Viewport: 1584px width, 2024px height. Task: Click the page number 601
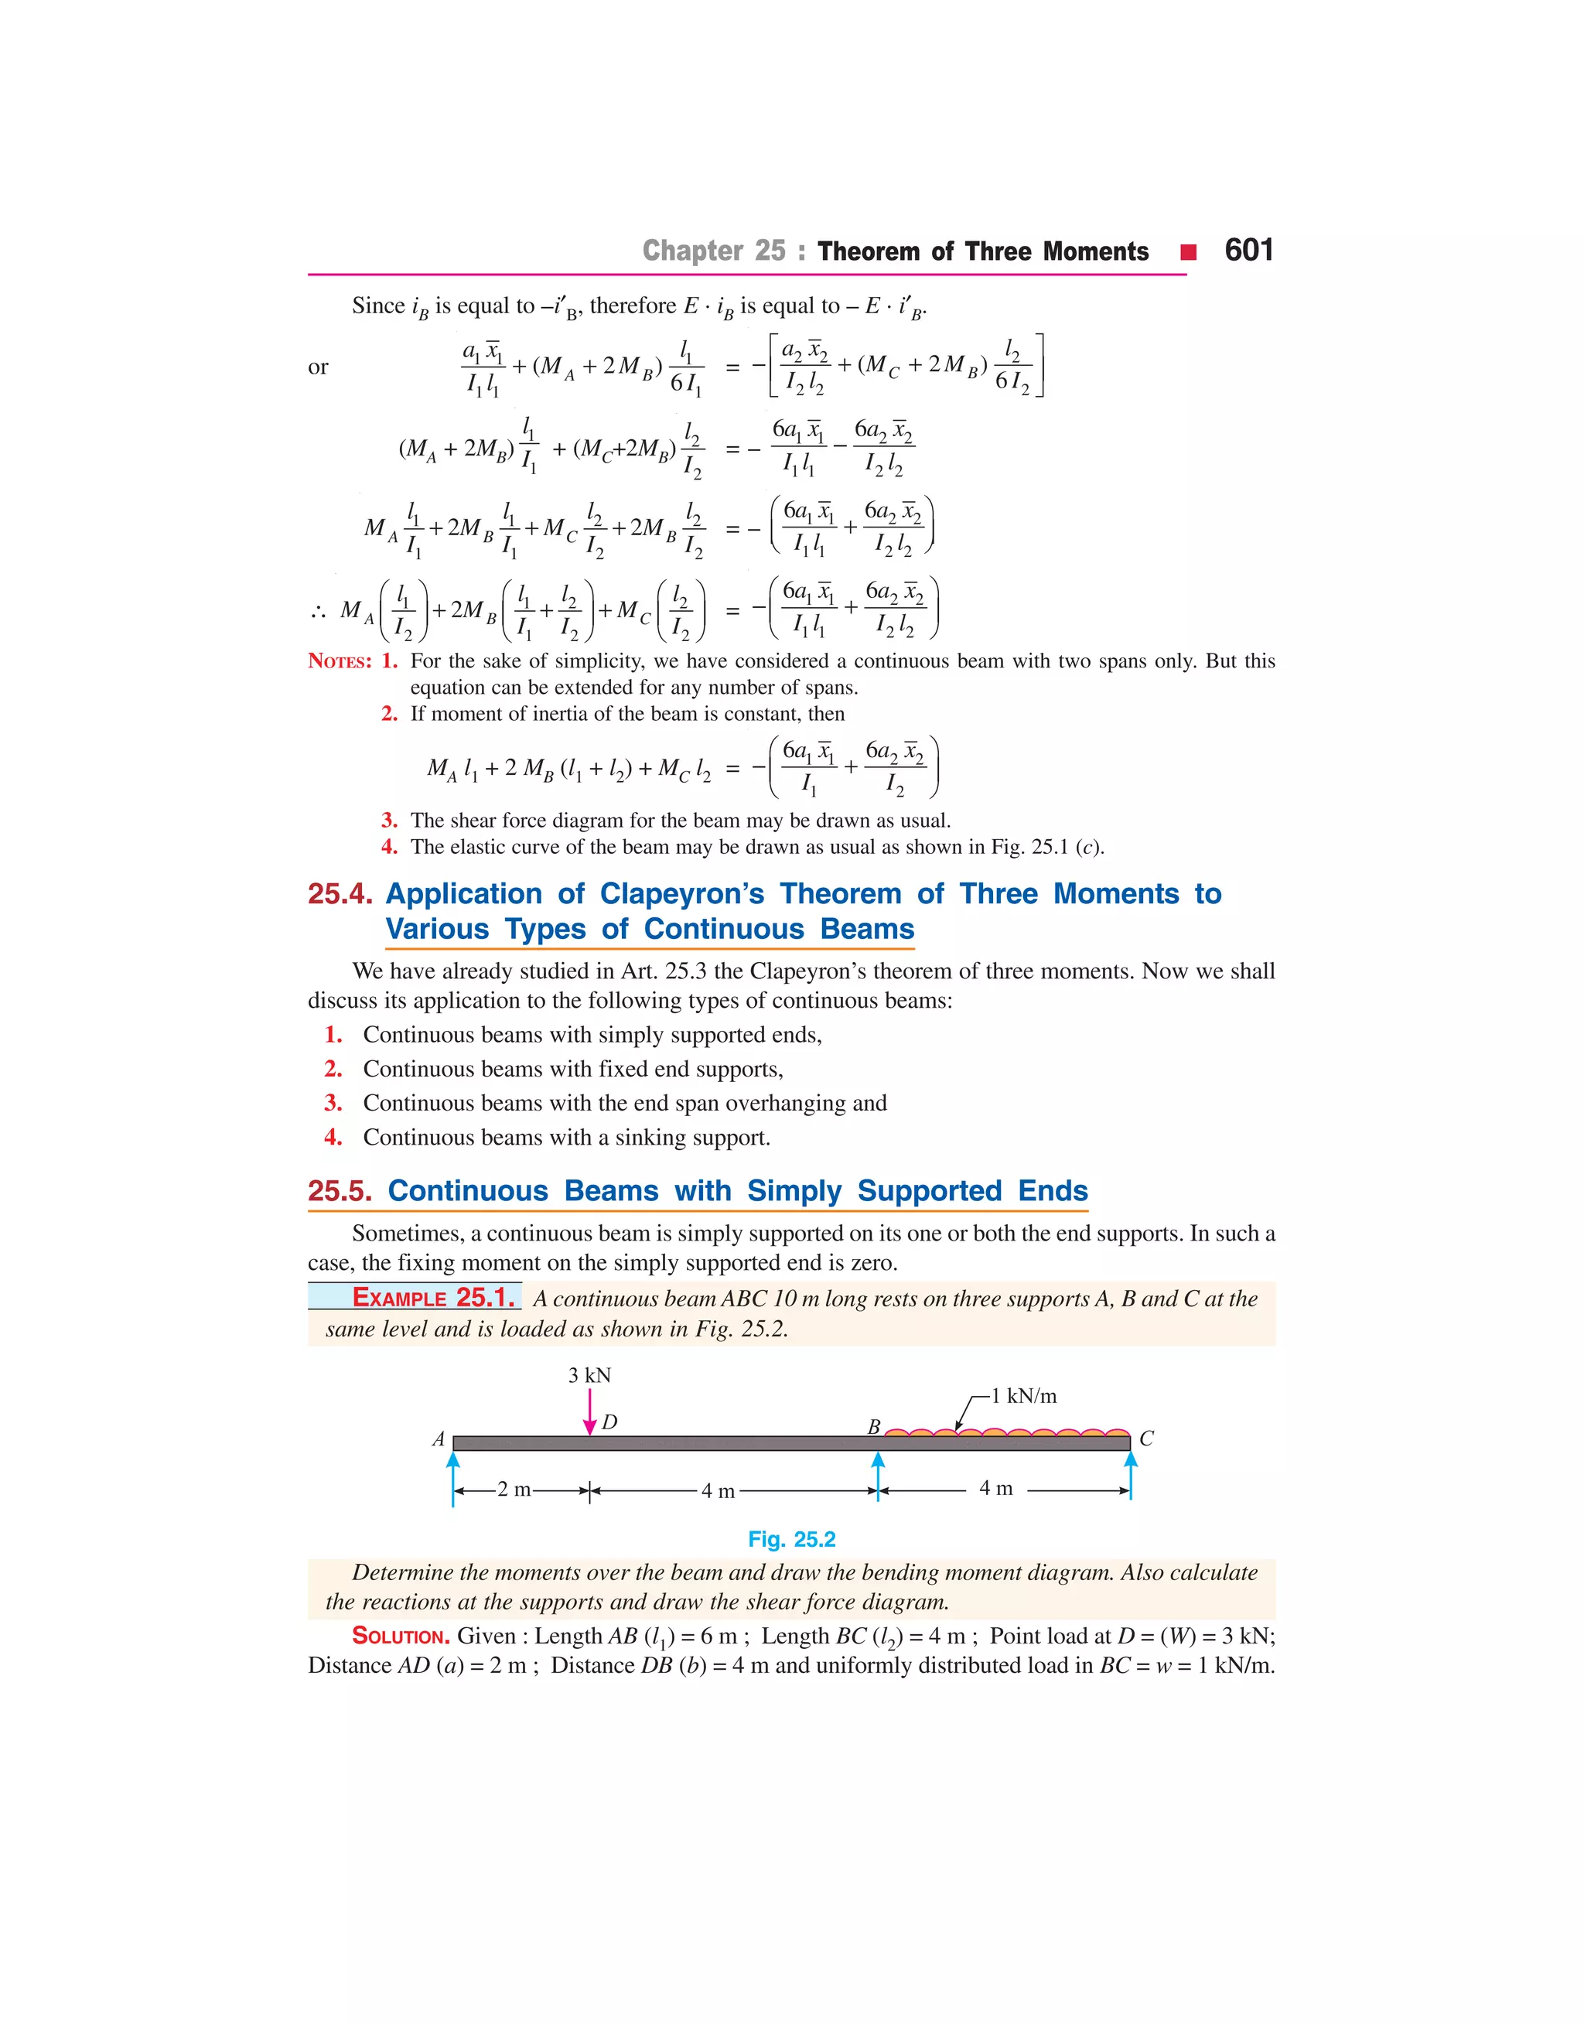(x=1248, y=251)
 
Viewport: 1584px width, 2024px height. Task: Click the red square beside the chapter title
(x=1188, y=252)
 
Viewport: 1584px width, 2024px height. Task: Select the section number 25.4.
(x=340, y=894)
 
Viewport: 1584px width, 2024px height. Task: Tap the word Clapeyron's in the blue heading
(x=681, y=894)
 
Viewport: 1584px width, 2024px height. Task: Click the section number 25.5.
(x=340, y=1190)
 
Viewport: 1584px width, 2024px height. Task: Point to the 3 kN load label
(x=590, y=1375)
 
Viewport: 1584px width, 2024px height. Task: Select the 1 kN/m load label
(x=1023, y=1396)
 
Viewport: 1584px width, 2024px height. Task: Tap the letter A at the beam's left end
(x=439, y=1440)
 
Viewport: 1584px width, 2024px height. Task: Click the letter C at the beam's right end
(x=1146, y=1439)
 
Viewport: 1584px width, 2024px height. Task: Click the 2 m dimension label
(x=514, y=1490)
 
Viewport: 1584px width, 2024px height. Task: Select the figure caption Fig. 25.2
(x=791, y=1539)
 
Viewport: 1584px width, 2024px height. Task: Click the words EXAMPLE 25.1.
(x=432, y=1298)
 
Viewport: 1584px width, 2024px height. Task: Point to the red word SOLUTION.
(x=401, y=1637)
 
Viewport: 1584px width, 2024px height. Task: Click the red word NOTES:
(x=340, y=661)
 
